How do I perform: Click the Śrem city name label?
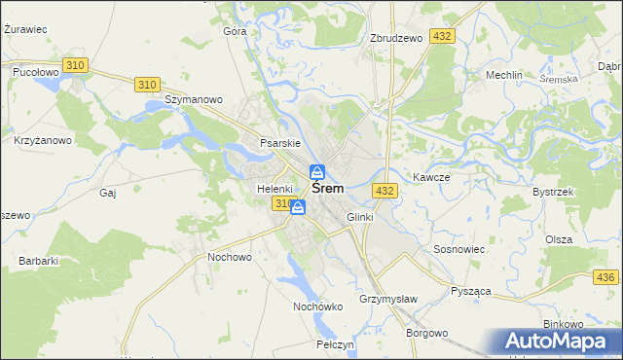tap(333, 189)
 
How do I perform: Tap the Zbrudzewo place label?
tap(396, 38)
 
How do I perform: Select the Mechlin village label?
tap(505, 75)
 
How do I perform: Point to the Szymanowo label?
tap(195, 99)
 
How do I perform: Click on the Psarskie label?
tap(278, 143)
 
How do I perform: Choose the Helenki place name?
tap(275, 188)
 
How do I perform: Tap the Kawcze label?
tap(430, 177)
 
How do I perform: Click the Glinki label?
tap(359, 217)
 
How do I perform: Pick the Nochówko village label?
tap(318, 306)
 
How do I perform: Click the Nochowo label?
tap(230, 257)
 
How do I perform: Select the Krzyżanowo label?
tap(43, 140)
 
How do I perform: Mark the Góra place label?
tap(235, 31)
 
